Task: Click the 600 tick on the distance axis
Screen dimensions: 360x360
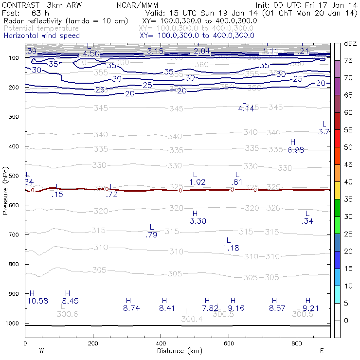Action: (x=296, y=343)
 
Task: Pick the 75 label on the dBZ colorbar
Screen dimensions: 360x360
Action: (x=348, y=61)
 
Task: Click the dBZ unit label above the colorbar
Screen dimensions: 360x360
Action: (x=350, y=44)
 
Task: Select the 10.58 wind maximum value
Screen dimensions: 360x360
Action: (x=37, y=301)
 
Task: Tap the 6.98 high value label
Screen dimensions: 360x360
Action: (x=296, y=150)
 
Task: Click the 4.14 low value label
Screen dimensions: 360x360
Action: (x=247, y=108)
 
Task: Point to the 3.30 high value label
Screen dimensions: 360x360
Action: (x=198, y=221)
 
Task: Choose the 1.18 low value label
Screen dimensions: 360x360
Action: (x=231, y=248)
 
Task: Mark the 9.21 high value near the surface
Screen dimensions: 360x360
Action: (x=310, y=308)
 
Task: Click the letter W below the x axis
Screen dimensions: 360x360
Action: (x=41, y=350)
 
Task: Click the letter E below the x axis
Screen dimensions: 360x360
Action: (x=321, y=350)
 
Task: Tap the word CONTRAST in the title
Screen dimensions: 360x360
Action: (x=18, y=5)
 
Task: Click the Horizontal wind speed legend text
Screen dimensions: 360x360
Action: (x=42, y=36)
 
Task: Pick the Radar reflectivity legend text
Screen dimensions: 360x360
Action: (x=66, y=21)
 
